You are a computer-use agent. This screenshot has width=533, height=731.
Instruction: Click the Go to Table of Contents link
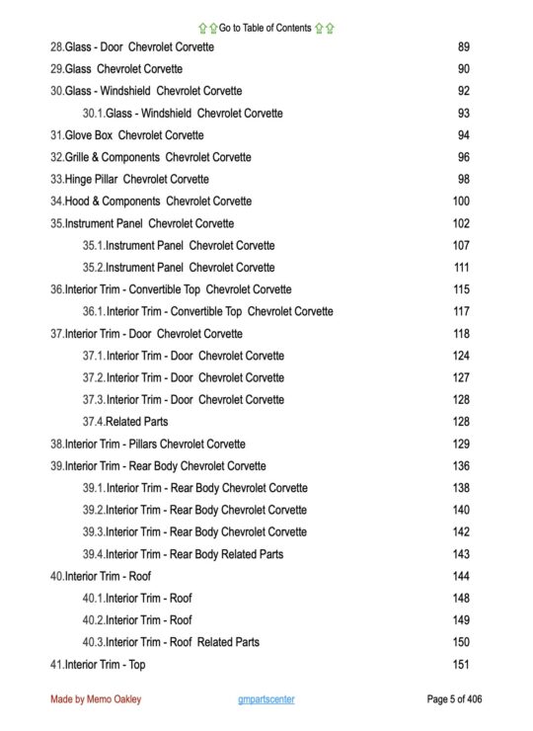pos(266,28)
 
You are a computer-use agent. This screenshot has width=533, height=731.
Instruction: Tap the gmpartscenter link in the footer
pos(266,699)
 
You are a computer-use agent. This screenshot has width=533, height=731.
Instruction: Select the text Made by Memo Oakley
pos(96,699)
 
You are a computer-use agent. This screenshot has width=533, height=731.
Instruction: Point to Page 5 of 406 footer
pos(455,699)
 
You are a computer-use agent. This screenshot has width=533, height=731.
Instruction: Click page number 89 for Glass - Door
pos(463,47)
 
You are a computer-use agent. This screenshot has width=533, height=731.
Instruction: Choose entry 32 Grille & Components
pos(150,157)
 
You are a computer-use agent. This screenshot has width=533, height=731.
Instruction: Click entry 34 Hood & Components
pos(150,202)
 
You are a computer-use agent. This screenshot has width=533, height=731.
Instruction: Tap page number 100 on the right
pos(461,202)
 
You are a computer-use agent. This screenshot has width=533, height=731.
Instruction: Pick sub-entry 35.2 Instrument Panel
pos(179,268)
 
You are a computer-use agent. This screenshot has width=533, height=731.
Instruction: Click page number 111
pos(461,268)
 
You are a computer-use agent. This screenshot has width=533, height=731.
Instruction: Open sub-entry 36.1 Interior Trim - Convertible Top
pos(207,312)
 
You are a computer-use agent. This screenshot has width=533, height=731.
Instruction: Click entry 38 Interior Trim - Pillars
pos(148,445)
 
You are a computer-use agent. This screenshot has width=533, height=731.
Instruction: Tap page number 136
pos(461,466)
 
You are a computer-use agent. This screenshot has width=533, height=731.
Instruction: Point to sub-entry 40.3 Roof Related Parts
pos(171,642)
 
